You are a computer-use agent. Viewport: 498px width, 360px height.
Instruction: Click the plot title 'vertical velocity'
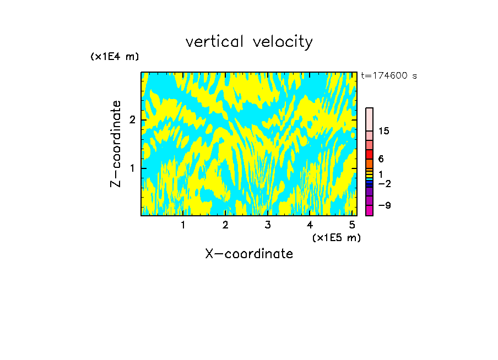click(x=249, y=42)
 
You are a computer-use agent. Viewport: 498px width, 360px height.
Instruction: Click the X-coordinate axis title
click(x=249, y=254)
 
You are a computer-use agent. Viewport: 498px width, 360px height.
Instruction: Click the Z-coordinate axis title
click(x=116, y=144)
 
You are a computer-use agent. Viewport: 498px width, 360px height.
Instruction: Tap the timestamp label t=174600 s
click(x=389, y=75)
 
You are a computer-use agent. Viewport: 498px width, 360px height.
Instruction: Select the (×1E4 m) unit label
click(x=115, y=57)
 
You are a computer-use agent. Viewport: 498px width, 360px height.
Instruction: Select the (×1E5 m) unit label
click(x=336, y=237)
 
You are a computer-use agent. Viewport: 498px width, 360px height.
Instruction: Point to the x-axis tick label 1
click(x=183, y=225)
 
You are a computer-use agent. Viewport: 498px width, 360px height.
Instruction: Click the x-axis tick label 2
click(x=225, y=225)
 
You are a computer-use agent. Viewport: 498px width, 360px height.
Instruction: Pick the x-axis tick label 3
click(x=268, y=225)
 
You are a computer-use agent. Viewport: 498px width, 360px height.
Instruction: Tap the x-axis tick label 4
click(x=310, y=225)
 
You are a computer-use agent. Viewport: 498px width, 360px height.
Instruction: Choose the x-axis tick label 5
click(x=352, y=225)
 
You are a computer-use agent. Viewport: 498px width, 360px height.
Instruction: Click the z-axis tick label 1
click(x=132, y=168)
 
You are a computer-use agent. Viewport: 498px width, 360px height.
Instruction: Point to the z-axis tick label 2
click(x=132, y=120)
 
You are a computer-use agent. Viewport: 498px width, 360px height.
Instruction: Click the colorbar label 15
click(x=384, y=131)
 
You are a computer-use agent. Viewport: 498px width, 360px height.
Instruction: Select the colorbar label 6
click(x=381, y=159)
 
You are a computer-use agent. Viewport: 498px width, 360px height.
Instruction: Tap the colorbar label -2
click(x=384, y=183)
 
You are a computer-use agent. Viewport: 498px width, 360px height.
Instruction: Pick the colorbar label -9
click(x=384, y=205)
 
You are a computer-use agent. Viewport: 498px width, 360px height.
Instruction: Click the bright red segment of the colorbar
click(x=369, y=154)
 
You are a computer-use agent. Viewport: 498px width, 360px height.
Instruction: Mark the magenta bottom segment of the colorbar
click(x=369, y=210)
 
